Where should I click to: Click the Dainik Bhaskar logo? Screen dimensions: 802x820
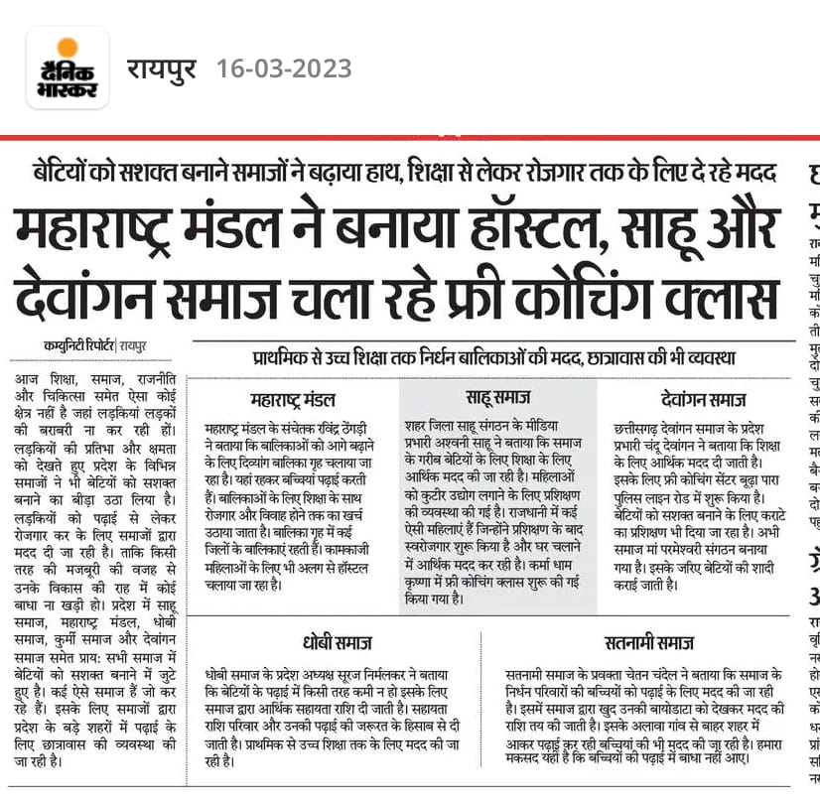(68, 67)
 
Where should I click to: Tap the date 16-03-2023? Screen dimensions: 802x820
(284, 68)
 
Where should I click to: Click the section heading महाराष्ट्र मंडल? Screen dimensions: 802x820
(295, 401)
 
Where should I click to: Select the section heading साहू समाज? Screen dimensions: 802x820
(497, 398)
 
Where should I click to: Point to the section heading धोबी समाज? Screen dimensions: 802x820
(336, 641)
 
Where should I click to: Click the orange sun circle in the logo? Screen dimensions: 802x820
(68, 47)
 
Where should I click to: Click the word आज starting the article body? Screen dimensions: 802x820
(27, 380)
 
